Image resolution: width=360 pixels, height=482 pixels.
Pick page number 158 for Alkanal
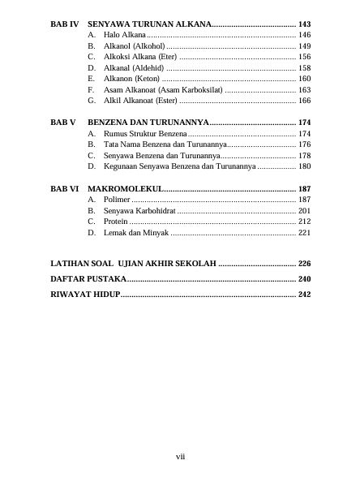[x=304, y=68]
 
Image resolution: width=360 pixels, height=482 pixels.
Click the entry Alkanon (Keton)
[x=131, y=79]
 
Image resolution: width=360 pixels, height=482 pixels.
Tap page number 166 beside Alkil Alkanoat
[x=304, y=101]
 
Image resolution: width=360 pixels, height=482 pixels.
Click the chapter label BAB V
[x=62, y=122]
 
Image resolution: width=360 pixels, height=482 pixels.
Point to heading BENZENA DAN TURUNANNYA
[x=148, y=122]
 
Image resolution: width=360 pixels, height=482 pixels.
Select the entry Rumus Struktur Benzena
[x=144, y=132]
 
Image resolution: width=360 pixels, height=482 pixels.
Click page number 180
[x=304, y=166]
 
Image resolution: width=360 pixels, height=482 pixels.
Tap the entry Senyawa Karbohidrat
[x=139, y=210]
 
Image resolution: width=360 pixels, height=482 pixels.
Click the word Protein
[x=115, y=221]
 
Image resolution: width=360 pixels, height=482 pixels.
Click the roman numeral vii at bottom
[x=181, y=458]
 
